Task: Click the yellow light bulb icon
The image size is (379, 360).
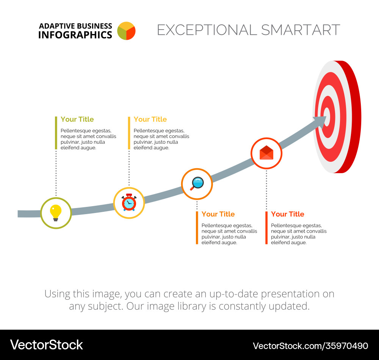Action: click(56, 213)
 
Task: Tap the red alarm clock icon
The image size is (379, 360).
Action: click(129, 202)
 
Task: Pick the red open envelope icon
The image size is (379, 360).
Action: click(266, 153)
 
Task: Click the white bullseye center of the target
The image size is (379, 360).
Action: click(327, 117)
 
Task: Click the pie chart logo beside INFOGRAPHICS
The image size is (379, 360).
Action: click(126, 31)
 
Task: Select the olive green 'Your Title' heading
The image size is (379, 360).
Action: click(77, 119)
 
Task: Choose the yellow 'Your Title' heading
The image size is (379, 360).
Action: click(150, 119)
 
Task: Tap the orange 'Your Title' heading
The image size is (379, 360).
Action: click(218, 214)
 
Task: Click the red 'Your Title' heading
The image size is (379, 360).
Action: click(287, 214)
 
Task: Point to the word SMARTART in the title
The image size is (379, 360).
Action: click(301, 30)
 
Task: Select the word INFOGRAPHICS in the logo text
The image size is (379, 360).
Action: click(75, 35)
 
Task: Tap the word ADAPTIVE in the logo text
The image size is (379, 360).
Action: click(57, 26)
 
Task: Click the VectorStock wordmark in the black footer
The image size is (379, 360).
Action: click(46, 345)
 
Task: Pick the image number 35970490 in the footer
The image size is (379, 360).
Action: click(347, 346)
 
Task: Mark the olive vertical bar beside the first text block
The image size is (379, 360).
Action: click(56, 133)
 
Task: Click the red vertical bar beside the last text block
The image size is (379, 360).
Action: click(266, 228)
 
